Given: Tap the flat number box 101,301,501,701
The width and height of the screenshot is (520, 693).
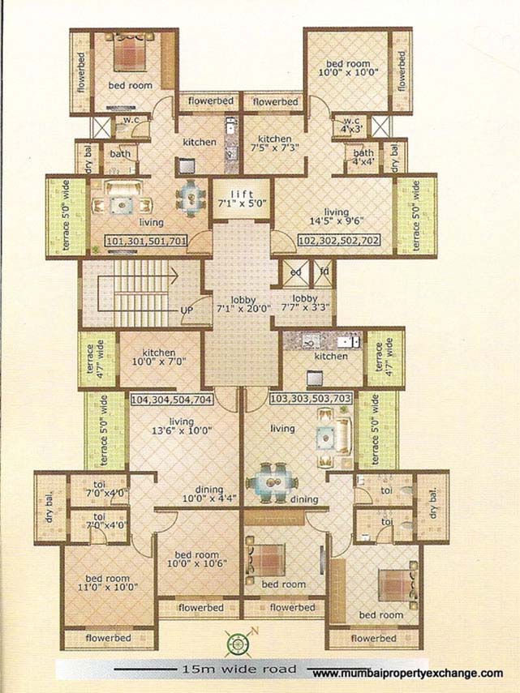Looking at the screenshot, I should click(x=146, y=241).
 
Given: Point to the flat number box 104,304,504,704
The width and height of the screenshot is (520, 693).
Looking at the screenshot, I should click(x=171, y=400).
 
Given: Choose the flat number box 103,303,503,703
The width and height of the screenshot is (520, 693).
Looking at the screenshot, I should click(x=311, y=400).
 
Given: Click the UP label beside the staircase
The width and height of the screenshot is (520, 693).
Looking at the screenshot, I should click(x=185, y=310).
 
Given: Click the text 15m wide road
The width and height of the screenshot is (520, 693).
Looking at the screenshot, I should click(x=222, y=670).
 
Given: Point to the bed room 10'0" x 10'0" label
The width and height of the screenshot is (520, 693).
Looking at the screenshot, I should click(x=348, y=70).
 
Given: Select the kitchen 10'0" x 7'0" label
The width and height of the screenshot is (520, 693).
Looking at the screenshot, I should click(x=159, y=359).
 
